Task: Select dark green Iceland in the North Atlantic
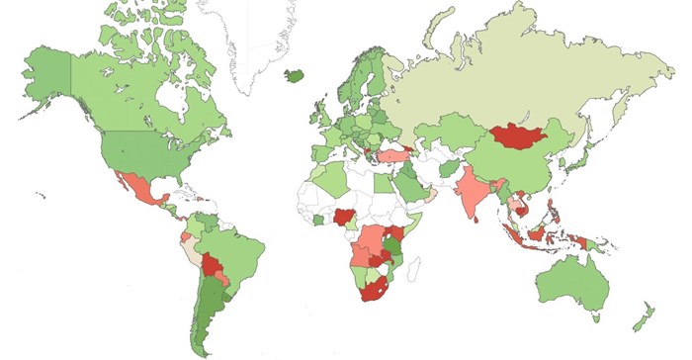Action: tap(295, 75)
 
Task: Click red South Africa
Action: tap(373, 288)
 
